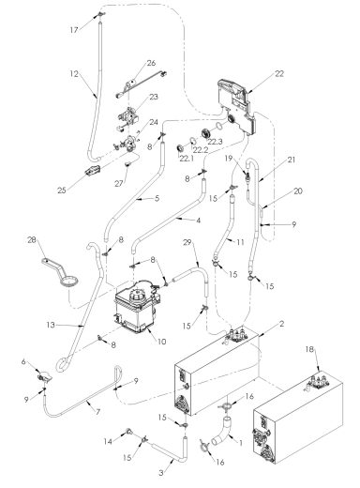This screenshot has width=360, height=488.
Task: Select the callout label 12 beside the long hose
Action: point(71,73)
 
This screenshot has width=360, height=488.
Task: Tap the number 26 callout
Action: point(151,64)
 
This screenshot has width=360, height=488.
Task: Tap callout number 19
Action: point(226,160)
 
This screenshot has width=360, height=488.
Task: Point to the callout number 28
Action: point(32,241)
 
